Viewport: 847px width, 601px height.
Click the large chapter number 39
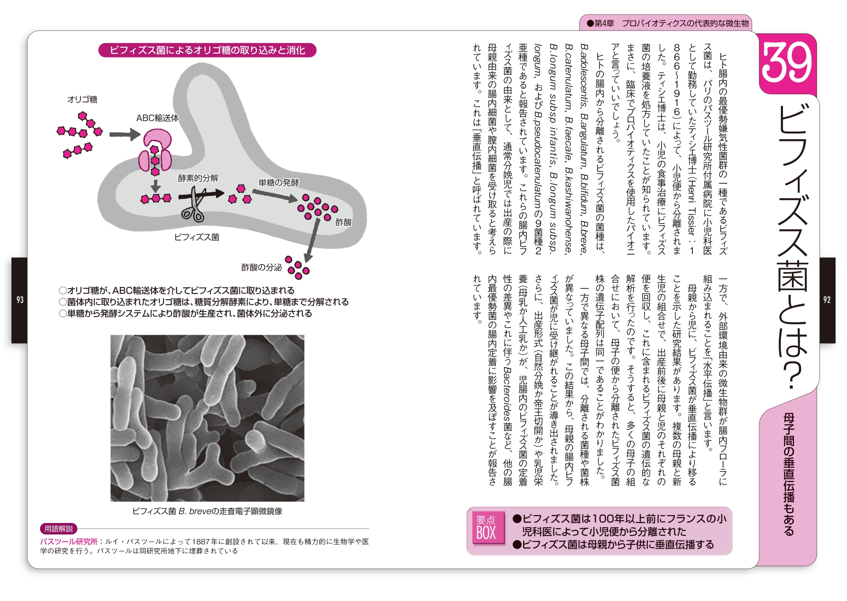click(786, 63)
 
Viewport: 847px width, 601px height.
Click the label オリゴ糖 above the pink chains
click(82, 99)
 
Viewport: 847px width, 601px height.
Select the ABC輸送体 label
click(157, 118)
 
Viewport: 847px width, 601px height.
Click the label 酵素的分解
click(198, 178)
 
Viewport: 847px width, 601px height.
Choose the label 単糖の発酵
click(278, 182)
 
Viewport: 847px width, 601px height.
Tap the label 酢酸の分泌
click(261, 267)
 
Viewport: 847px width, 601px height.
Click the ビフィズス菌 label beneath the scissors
click(197, 237)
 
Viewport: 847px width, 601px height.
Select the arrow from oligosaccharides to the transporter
click(124, 135)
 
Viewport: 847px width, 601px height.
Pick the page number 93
click(20, 300)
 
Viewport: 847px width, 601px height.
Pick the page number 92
click(827, 300)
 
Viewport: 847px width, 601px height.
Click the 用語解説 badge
click(58, 529)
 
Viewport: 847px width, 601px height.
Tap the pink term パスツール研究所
click(69, 541)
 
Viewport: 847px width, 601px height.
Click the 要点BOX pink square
click(486, 528)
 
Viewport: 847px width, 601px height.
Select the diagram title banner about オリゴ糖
click(207, 50)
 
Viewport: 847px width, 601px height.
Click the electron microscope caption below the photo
click(207, 511)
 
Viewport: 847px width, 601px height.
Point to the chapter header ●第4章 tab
click(667, 23)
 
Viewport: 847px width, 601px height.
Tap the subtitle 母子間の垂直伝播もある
click(788, 474)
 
